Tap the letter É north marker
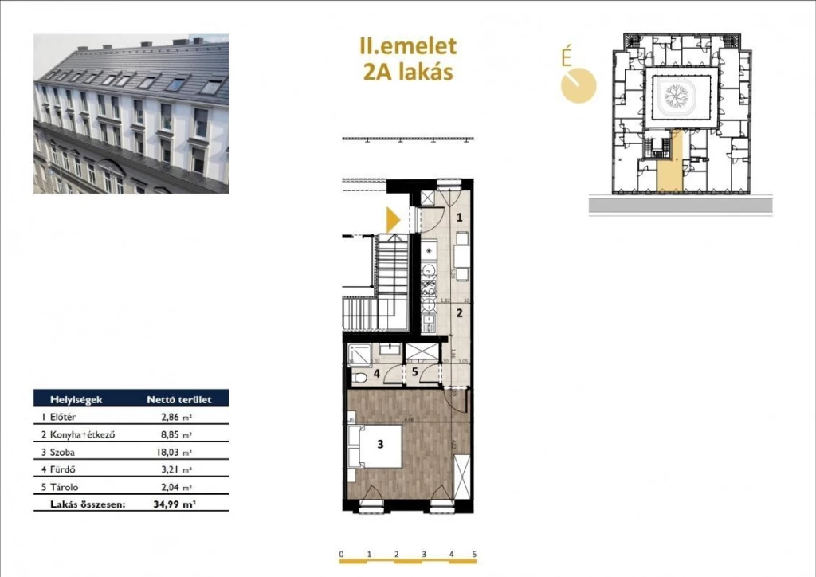click(x=567, y=57)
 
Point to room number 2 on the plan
click(x=459, y=313)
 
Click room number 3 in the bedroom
click(x=381, y=446)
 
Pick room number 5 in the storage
click(x=414, y=371)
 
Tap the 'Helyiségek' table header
click(x=76, y=399)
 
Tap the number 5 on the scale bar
click(x=474, y=554)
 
